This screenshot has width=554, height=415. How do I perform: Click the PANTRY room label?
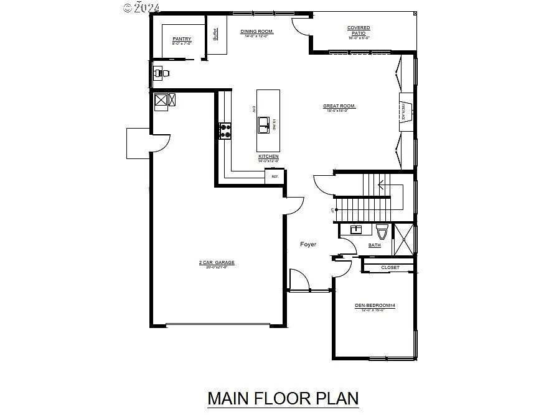[x=182, y=39]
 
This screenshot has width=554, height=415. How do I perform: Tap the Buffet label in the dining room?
[x=215, y=35]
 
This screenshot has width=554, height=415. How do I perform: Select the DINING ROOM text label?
[x=257, y=31]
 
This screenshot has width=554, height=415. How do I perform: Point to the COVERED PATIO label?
[x=359, y=30]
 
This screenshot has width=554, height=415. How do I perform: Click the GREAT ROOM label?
[x=339, y=106]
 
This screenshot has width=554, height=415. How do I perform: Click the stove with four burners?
[x=225, y=131]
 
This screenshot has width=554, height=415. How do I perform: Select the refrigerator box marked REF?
[x=275, y=177]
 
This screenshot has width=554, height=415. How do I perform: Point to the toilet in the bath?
[x=382, y=232]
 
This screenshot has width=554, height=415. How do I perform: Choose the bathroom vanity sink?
[x=356, y=229]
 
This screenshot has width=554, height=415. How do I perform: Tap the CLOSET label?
[x=390, y=268]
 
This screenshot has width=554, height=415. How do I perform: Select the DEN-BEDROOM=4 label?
[x=375, y=305]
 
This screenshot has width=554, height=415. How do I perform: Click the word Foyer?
[x=308, y=244]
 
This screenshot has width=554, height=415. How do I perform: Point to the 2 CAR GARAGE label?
[x=217, y=263]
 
